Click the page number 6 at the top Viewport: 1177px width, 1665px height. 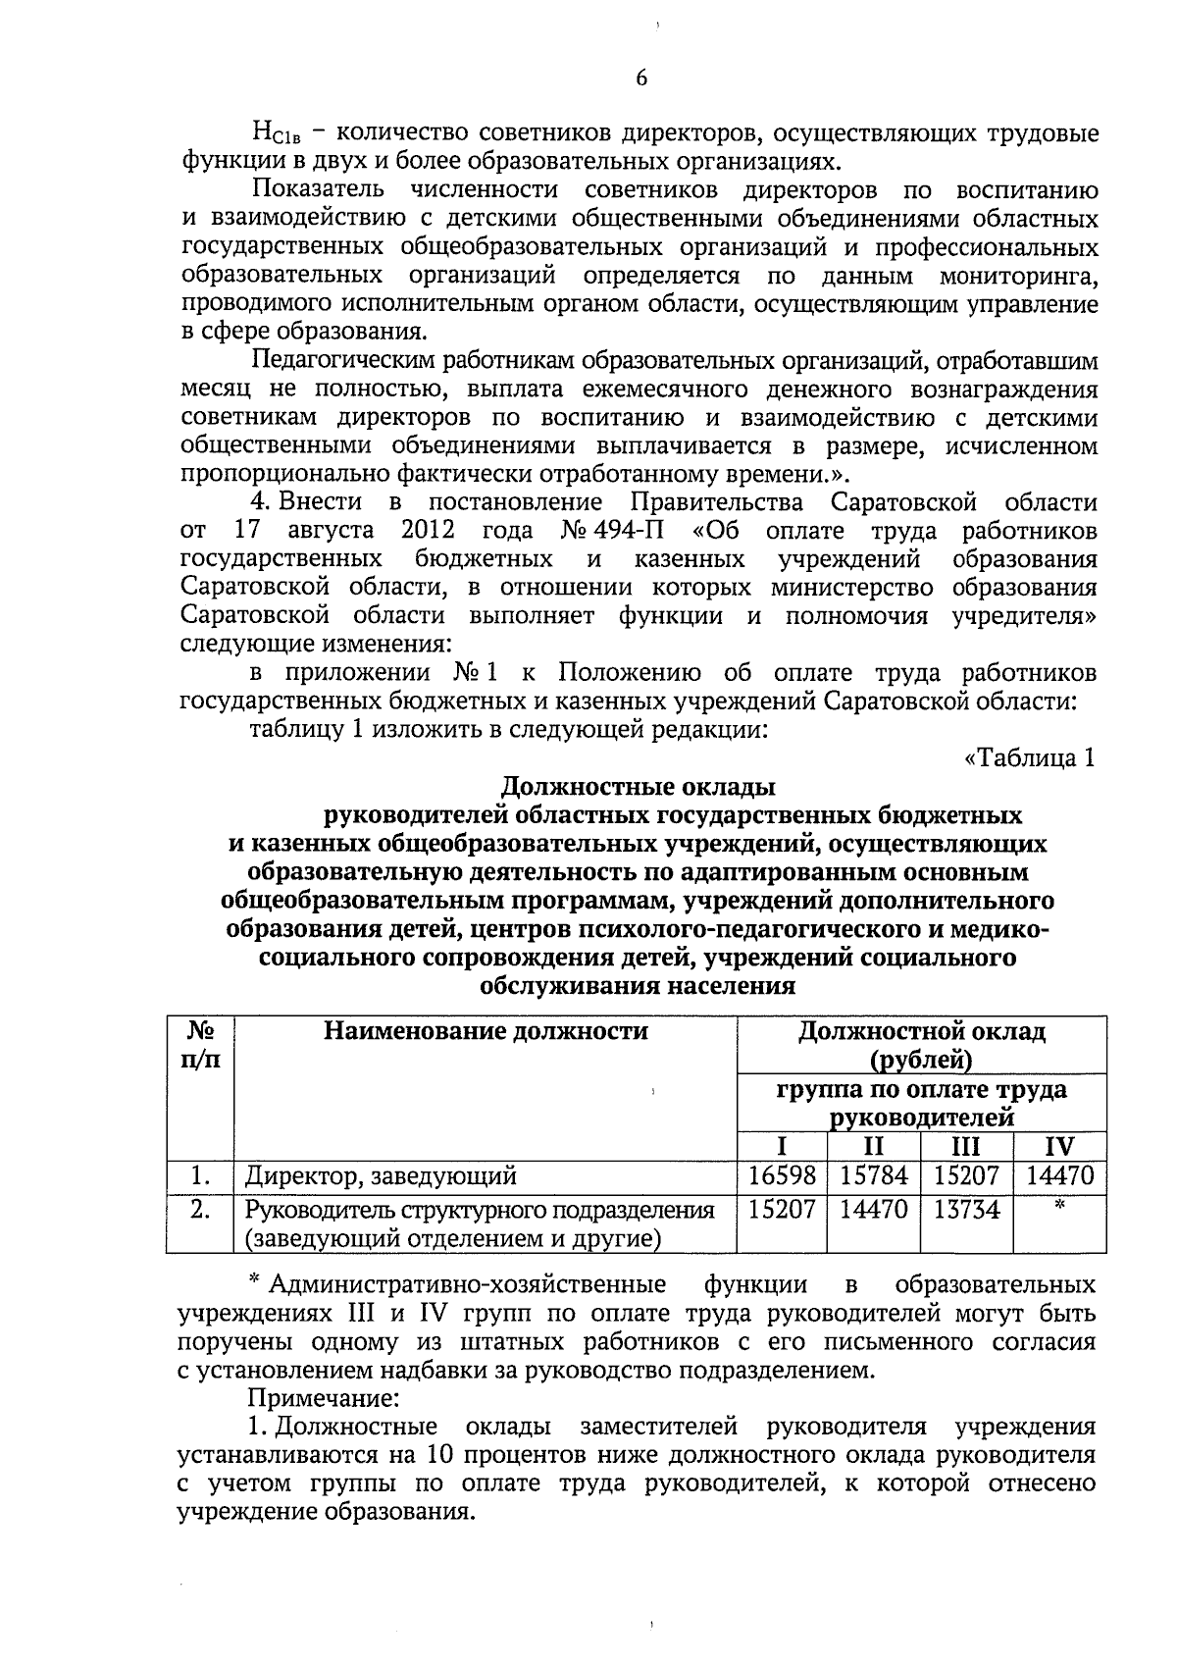pos(641,79)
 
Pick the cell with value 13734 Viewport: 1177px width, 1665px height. pos(966,1210)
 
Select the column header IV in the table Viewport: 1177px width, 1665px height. pos(1059,1146)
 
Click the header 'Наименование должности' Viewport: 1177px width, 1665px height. pos(486,1031)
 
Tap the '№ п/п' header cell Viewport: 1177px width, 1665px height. pos(200,1046)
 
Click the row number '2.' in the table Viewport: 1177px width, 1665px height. pos(200,1210)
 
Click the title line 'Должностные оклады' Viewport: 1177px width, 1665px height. pos(639,787)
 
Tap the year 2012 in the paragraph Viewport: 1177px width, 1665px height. pos(428,532)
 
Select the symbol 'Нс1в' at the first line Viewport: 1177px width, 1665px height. pos(269,133)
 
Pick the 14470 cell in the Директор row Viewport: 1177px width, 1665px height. pos(1059,1175)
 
